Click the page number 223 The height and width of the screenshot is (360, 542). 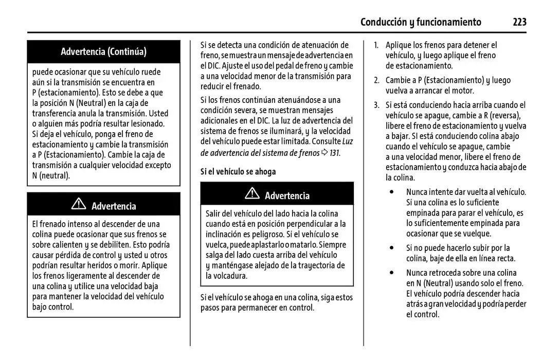pyautogui.click(x=519, y=22)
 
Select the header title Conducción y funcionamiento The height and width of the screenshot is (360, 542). pyautogui.click(x=421, y=22)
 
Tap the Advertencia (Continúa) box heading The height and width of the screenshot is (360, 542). pyautogui.click(x=103, y=51)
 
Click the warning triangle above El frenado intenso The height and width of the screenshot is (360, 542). pyautogui.click(x=78, y=205)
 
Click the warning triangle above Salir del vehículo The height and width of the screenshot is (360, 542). pyautogui.click(x=252, y=194)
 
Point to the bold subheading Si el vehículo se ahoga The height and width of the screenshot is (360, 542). pyautogui.click(x=238, y=172)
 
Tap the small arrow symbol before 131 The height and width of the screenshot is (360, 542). pyautogui.click(x=324, y=153)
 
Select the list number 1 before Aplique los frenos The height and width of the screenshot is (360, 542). pyautogui.click(x=376, y=45)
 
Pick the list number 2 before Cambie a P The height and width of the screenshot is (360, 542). pyautogui.click(x=376, y=80)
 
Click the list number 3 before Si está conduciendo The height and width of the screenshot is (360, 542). pyautogui.click(x=376, y=105)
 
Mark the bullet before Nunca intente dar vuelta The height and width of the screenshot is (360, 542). pyautogui.click(x=393, y=192)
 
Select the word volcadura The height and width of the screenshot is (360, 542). pyautogui.click(x=226, y=276)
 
